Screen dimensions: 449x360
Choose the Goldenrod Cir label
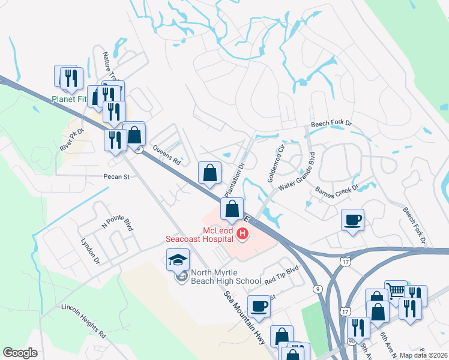(277, 157)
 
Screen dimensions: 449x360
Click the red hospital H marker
(243, 233)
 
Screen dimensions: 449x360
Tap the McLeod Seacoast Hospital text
(199, 233)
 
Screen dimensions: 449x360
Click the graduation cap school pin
(178, 259)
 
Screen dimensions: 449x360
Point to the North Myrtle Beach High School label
(226, 277)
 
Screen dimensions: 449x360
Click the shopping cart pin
(396, 292)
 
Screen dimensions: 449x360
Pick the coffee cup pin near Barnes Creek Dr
(352, 219)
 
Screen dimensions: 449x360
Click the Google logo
(20, 353)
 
